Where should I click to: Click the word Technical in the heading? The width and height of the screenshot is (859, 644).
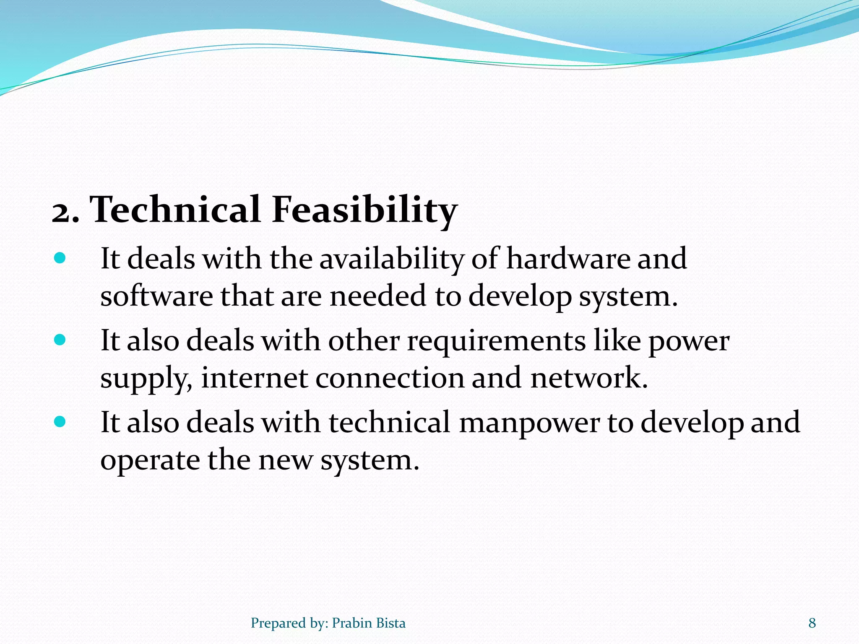click(176, 209)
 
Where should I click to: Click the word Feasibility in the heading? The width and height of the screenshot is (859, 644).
click(364, 210)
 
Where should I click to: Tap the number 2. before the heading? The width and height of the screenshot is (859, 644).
click(65, 212)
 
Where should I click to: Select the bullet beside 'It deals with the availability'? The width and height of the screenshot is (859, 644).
click(60, 258)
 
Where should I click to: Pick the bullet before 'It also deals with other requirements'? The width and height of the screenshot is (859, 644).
click(60, 340)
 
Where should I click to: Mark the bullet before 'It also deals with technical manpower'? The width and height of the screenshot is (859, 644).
click(60, 421)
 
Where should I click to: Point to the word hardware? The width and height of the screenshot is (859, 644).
click(568, 258)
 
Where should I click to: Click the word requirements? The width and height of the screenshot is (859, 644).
click(496, 340)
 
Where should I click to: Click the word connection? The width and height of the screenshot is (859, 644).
click(390, 378)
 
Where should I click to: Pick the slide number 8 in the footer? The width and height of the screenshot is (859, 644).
click(812, 623)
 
